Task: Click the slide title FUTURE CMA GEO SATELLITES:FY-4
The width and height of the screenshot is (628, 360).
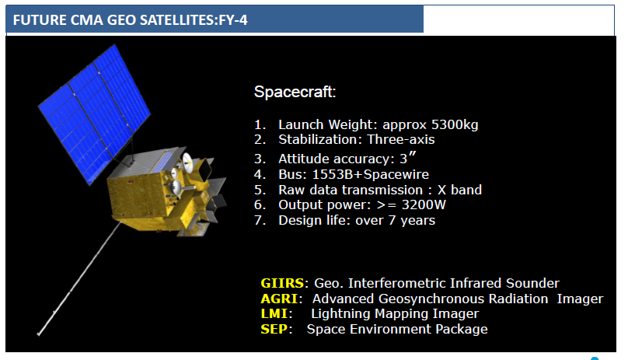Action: point(130,19)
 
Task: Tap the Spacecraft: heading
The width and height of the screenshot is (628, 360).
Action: point(295,92)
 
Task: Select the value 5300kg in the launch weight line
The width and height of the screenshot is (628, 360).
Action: point(455,125)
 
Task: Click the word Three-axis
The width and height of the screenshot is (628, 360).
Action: point(400,139)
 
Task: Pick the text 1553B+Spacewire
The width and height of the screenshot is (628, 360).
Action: point(371,174)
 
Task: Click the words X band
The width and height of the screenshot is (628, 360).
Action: point(459,190)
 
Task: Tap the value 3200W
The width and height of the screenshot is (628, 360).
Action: point(424,204)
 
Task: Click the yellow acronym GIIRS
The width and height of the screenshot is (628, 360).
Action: point(282,283)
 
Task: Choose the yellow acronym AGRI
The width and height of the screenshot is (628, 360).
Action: point(279,299)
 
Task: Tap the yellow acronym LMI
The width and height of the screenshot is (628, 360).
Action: point(274,313)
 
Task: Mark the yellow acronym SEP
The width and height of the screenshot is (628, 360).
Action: point(274,329)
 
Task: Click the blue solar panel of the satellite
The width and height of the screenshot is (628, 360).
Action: point(95,114)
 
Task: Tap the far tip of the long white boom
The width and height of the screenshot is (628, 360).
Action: point(38,334)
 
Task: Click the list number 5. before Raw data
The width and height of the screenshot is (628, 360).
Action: point(260,190)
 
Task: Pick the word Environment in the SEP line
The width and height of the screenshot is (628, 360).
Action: point(390,329)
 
